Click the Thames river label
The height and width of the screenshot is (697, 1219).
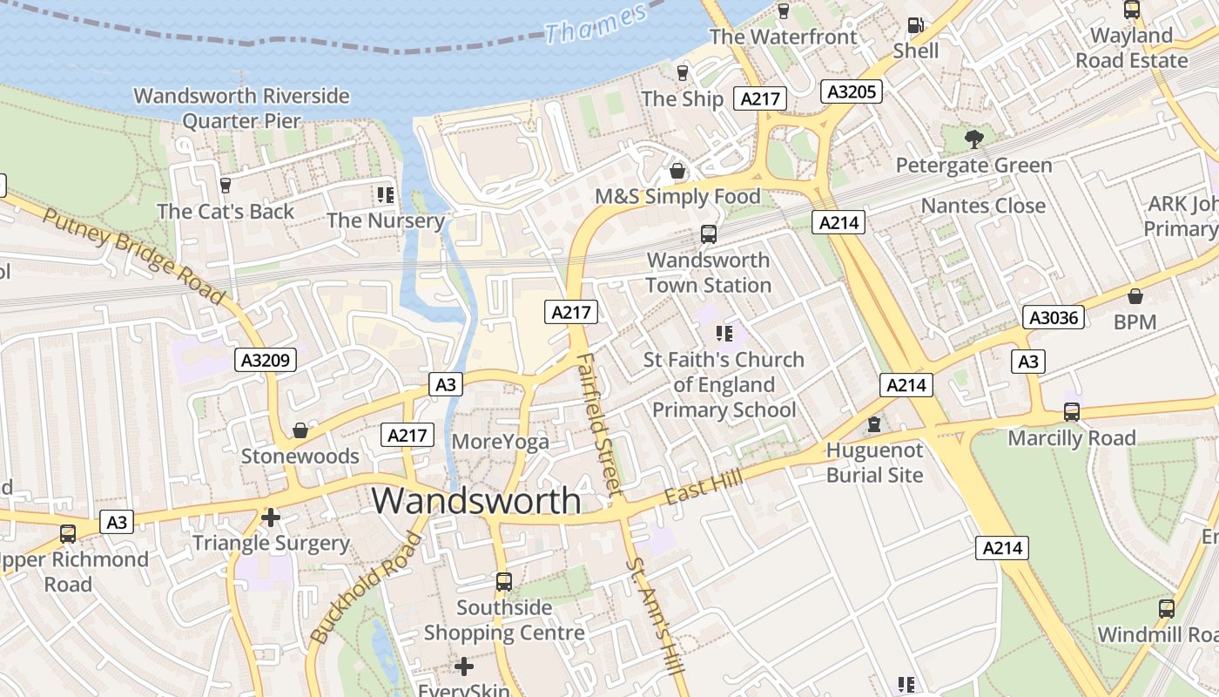pos(596,24)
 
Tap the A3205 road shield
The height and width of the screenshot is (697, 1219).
pos(852,91)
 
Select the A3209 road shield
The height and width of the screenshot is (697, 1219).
pos(266,360)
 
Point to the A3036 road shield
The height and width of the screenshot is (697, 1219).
pos(1054,317)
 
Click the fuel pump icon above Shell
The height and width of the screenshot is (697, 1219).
pos(915,26)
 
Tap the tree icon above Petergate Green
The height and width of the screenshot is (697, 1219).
pos(973,139)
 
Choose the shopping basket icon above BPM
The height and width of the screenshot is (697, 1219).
pos(1135,296)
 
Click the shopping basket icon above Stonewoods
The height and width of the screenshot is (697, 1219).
pos(300,430)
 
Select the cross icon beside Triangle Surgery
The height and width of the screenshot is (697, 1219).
pos(271,518)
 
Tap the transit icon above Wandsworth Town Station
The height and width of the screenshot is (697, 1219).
pos(709,234)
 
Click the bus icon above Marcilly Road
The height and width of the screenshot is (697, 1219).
pos(1072,411)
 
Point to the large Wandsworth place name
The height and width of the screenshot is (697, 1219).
pos(476,501)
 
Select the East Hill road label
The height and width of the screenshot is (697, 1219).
pos(704,486)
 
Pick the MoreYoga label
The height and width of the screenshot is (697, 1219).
pos(501,442)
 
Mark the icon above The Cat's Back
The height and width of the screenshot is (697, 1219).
pos(226,185)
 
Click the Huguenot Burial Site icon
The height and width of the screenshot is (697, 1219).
pos(874,424)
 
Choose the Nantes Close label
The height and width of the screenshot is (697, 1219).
pos(983,206)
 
